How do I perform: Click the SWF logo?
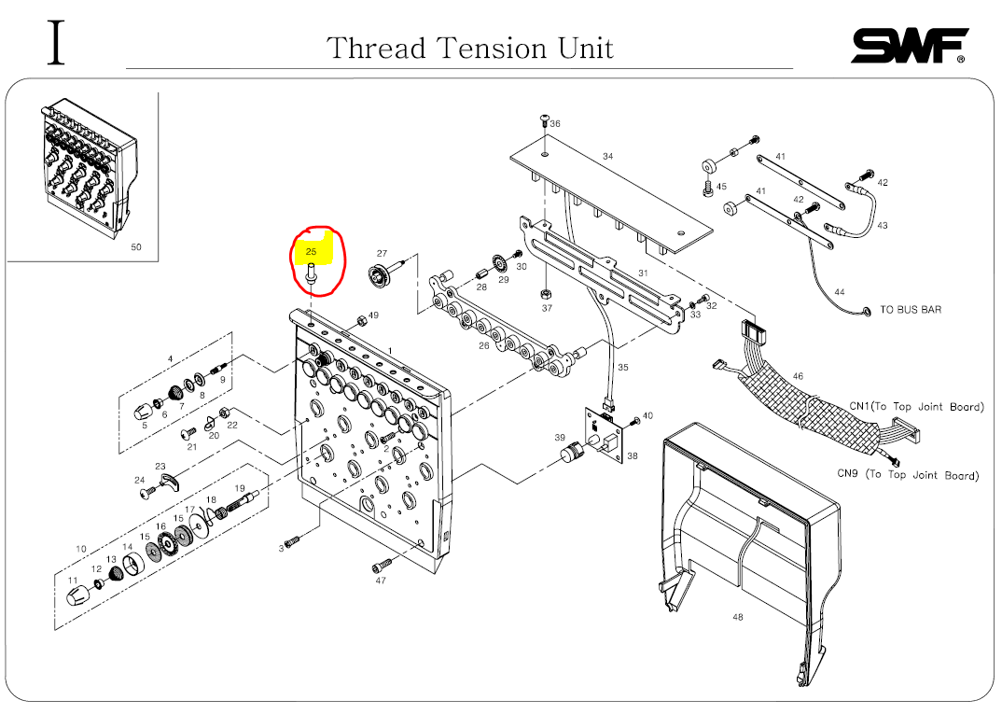909,46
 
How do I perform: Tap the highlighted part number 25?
312,252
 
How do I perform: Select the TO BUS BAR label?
911,310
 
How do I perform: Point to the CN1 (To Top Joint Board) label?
915,407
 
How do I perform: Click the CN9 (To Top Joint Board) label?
907,475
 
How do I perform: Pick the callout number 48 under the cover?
738,617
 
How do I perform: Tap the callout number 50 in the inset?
136,247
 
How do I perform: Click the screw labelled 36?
545,119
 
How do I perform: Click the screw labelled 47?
382,565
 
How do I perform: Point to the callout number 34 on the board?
607,156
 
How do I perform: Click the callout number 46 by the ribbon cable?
797,376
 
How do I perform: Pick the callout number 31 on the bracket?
643,273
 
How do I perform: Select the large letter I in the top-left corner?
58,43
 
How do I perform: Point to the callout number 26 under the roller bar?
484,345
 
